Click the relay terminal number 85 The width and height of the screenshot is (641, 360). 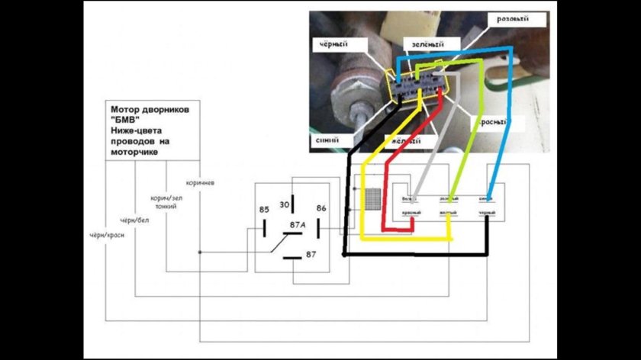[263, 209]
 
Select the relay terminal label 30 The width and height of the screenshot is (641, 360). [285, 204]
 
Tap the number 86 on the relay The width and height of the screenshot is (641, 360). [320, 207]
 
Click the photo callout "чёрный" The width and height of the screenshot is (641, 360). [333, 44]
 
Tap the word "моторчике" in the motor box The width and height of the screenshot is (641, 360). [131, 151]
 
